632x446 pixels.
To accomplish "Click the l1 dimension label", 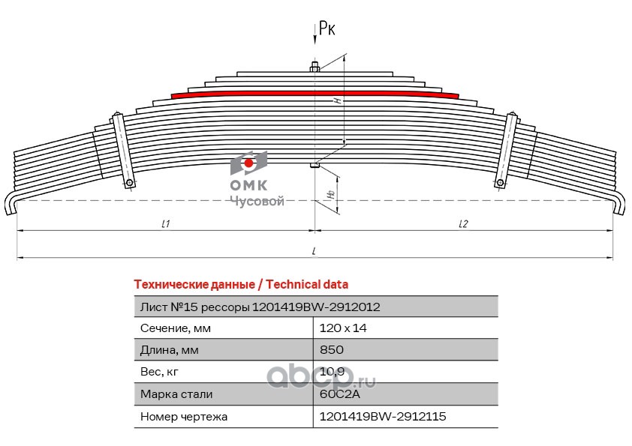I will tap(166, 224).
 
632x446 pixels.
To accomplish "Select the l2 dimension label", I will tap(462, 224).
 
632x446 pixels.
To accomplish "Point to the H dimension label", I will tap(338, 100).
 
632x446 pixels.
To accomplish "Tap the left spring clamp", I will tap(123, 150).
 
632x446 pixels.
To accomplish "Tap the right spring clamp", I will tap(507, 150).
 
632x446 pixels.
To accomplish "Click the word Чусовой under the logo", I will tap(256, 202).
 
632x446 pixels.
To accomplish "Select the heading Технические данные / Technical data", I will tap(240, 285).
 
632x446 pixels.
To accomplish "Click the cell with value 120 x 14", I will tap(342, 328).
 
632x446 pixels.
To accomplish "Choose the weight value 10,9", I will tap(332, 371).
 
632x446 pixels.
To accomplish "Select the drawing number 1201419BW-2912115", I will tap(382, 415).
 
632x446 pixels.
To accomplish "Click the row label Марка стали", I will tap(176, 394).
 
